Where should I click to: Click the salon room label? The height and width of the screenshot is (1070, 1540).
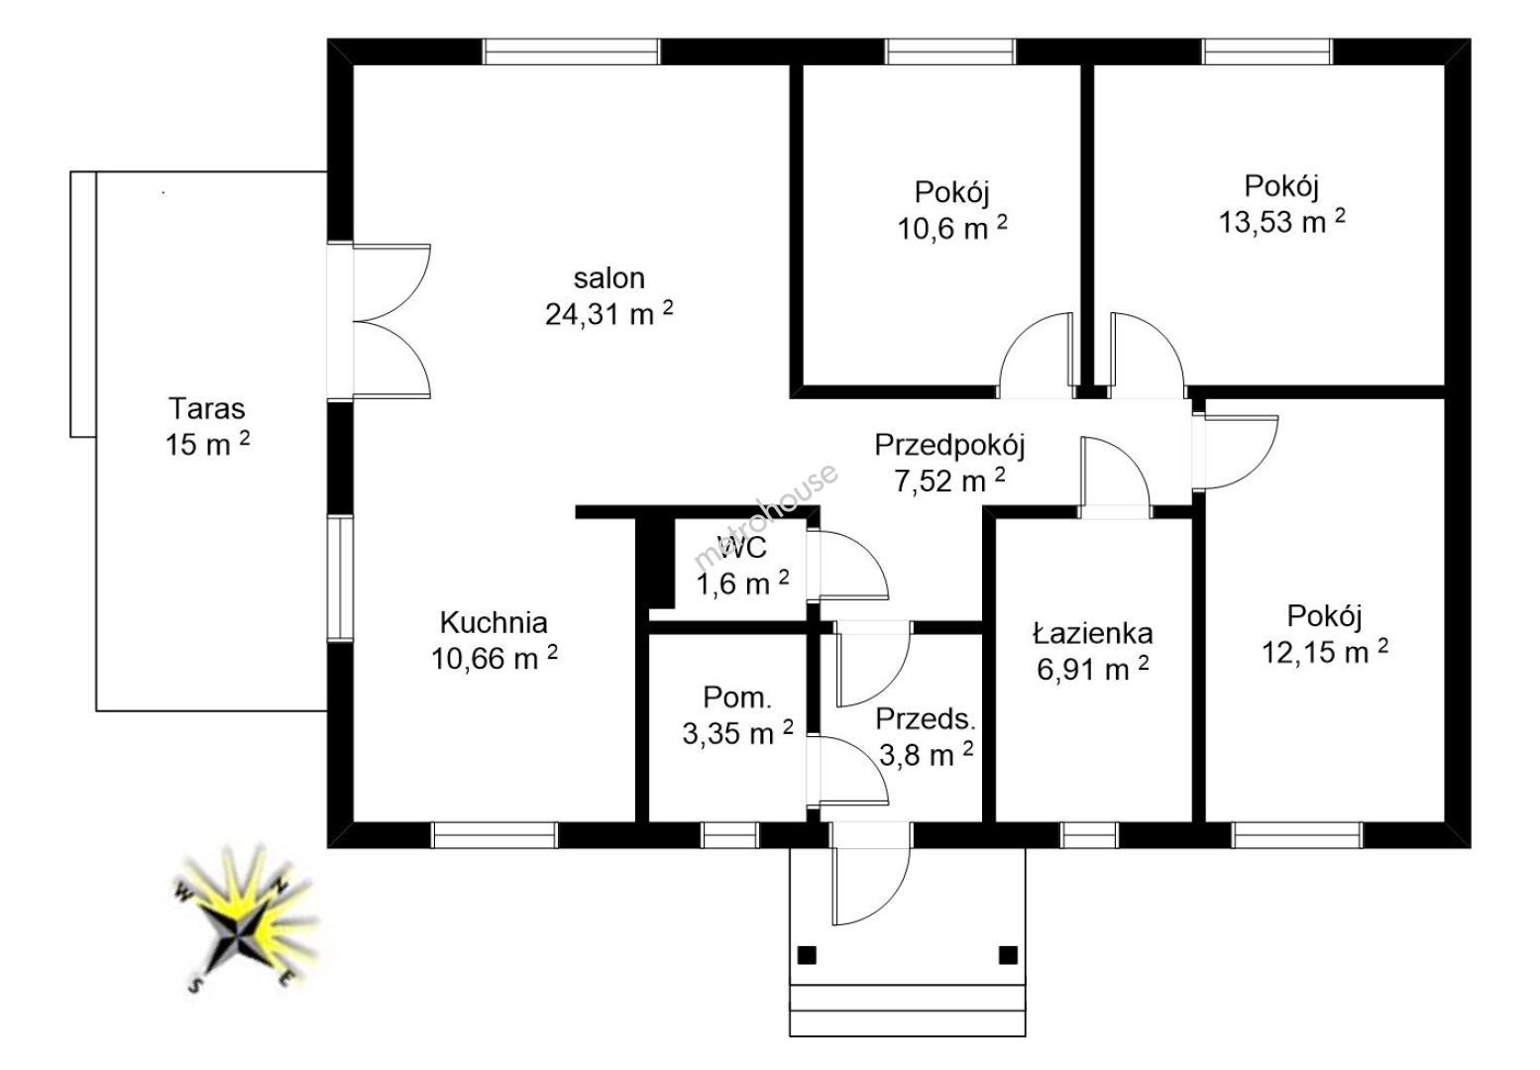609,278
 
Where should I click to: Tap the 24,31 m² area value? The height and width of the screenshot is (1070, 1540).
609,313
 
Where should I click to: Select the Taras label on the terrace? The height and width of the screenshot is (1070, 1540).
207,409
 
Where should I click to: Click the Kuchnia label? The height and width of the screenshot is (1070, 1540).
494,622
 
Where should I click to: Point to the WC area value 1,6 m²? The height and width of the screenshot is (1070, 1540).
742,584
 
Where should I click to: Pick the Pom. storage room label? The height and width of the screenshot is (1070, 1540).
737,697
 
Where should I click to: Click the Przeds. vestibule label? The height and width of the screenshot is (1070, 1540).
926,719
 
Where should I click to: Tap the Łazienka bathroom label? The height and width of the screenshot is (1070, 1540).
1092,633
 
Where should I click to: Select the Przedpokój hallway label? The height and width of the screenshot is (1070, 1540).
949,446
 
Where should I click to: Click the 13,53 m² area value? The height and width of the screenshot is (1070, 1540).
1282,221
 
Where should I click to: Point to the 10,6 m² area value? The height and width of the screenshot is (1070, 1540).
952,228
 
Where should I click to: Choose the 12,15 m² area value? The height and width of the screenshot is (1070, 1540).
1324,651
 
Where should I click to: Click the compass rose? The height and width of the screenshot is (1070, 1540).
245,921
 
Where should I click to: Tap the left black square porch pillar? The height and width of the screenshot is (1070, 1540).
807,955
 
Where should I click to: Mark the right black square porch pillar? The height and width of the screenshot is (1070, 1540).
1008,955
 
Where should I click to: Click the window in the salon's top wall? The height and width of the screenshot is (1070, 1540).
571,52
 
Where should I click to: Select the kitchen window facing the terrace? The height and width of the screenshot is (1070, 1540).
340,578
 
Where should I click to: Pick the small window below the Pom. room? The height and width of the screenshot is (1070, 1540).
730,834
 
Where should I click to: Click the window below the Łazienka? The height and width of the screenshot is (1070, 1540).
1090,834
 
